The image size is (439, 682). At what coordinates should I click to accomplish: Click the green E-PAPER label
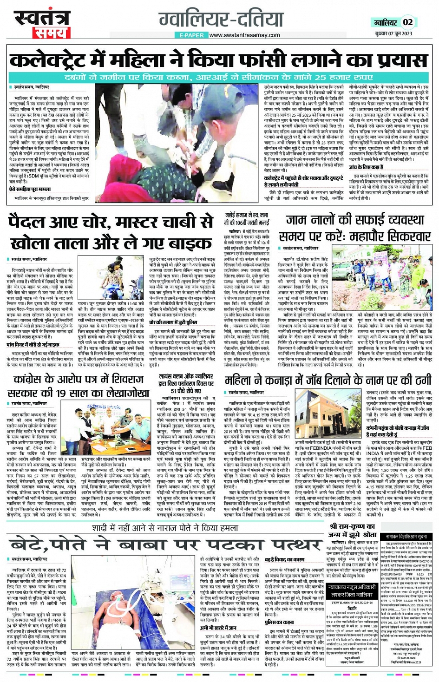click(x=190, y=35)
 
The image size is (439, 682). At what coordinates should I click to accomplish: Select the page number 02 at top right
click(x=407, y=22)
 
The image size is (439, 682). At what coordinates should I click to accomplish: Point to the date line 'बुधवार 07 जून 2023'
click(x=393, y=33)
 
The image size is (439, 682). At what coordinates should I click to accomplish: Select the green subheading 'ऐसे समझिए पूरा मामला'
click(x=30, y=189)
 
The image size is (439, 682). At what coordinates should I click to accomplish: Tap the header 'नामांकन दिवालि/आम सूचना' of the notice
click(x=409, y=537)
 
